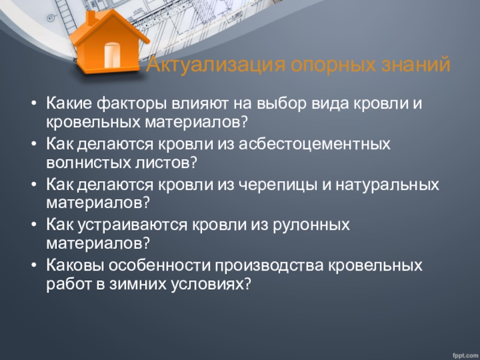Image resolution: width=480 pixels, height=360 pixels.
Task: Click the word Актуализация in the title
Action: (x=215, y=65)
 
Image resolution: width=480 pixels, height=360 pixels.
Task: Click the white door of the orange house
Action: (x=112, y=55)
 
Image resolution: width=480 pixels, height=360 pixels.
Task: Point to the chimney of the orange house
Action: (x=91, y=17)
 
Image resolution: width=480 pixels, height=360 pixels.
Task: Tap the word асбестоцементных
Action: (x=314, y=144)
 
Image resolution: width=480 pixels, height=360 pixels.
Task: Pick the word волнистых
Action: (x=88, y=163)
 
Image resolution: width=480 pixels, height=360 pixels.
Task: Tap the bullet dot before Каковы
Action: (x=34, y=265)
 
